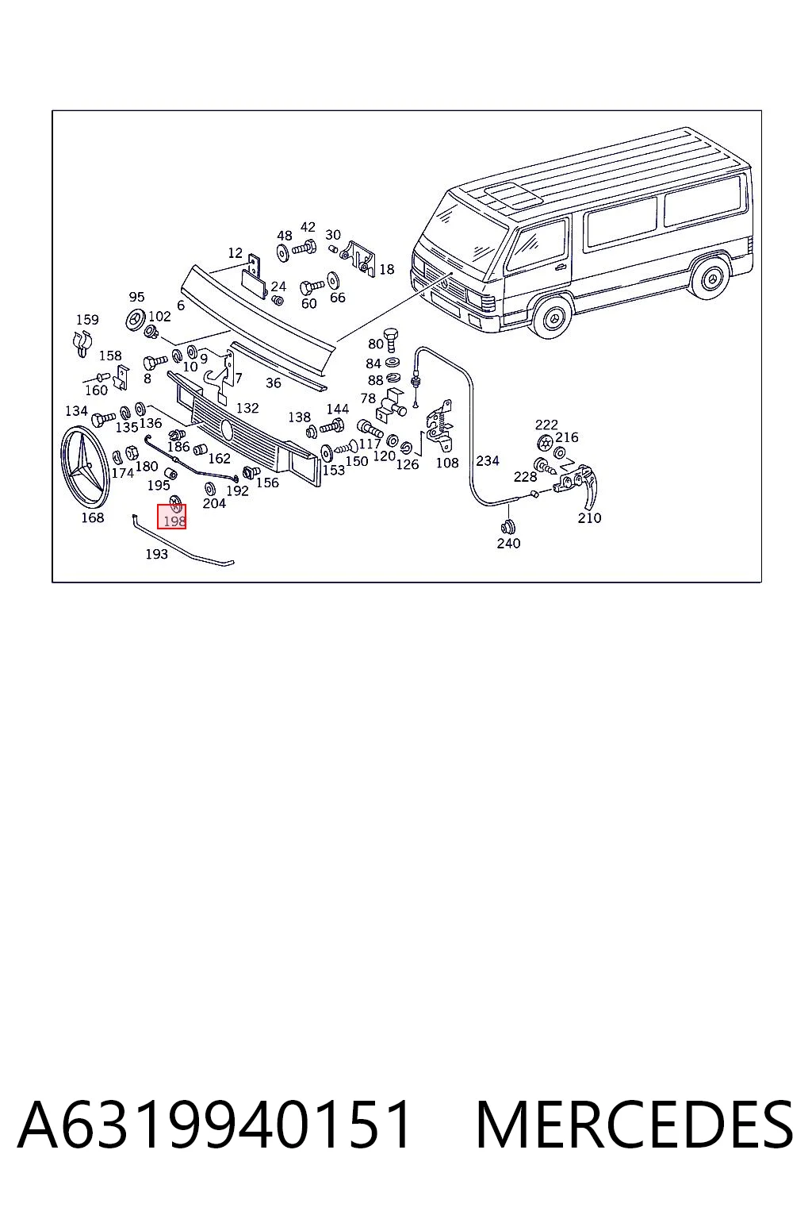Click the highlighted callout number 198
coord(174,521)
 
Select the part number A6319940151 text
coord(214,1125)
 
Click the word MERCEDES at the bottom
coord(634,1125)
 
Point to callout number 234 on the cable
coord(488,460)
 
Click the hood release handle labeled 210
coord(579,483)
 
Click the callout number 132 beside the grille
coord(247,408)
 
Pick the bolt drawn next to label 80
coord(391,340)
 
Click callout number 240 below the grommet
coord(508,543)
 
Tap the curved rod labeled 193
coord(182,541)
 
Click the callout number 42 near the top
coord(308,227)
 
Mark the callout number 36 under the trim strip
coord(274,383)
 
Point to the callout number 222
coord(546,425)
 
